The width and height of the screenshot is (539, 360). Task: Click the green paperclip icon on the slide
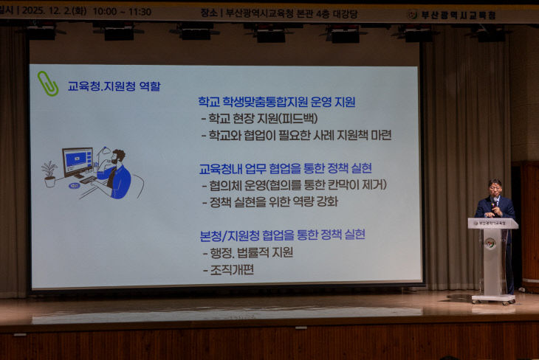tap(48, 83)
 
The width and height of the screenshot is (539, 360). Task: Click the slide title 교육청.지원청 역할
tap(114, 86)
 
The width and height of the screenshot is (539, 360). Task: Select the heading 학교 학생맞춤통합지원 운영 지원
tap(276, 102)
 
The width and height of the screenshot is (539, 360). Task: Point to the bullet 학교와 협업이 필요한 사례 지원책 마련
tap(295, 135)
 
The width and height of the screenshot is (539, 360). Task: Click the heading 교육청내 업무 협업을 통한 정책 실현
tap(285, 167)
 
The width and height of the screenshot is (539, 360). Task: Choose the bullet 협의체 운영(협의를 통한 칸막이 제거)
tap(294, 184)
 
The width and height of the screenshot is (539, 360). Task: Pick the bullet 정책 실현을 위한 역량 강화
tap(269, 201)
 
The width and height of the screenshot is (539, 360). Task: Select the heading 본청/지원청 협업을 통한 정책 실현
tap(282, 235)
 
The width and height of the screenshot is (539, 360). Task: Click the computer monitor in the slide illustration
tap(77, 160)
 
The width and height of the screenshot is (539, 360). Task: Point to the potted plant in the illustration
tap(49, 174)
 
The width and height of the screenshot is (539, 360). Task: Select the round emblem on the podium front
tap(490, 243)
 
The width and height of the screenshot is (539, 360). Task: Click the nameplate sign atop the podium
tap(492, 222)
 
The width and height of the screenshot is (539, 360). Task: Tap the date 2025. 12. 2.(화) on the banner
tap(55, 12)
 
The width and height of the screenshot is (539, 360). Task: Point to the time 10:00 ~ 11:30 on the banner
tap(123, 12)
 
